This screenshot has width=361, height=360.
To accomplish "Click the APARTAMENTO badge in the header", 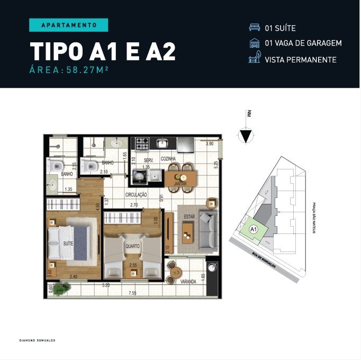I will (68, 25).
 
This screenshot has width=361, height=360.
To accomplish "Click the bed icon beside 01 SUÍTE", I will (254, 28).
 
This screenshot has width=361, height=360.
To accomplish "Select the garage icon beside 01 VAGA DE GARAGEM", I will (254, 43).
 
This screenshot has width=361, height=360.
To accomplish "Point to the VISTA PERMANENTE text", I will (300, 59).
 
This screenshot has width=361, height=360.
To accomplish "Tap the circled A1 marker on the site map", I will (253, 229).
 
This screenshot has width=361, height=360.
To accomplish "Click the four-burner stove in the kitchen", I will (142, 143).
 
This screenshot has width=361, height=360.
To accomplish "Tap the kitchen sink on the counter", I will (161, 143).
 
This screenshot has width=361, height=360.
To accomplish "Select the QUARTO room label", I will (132, 246).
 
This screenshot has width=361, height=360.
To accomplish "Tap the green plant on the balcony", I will (65, 287).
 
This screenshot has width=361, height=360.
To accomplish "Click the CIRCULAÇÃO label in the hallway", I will (136, 195).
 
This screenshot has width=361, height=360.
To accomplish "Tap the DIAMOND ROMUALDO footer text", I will (37, 340).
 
